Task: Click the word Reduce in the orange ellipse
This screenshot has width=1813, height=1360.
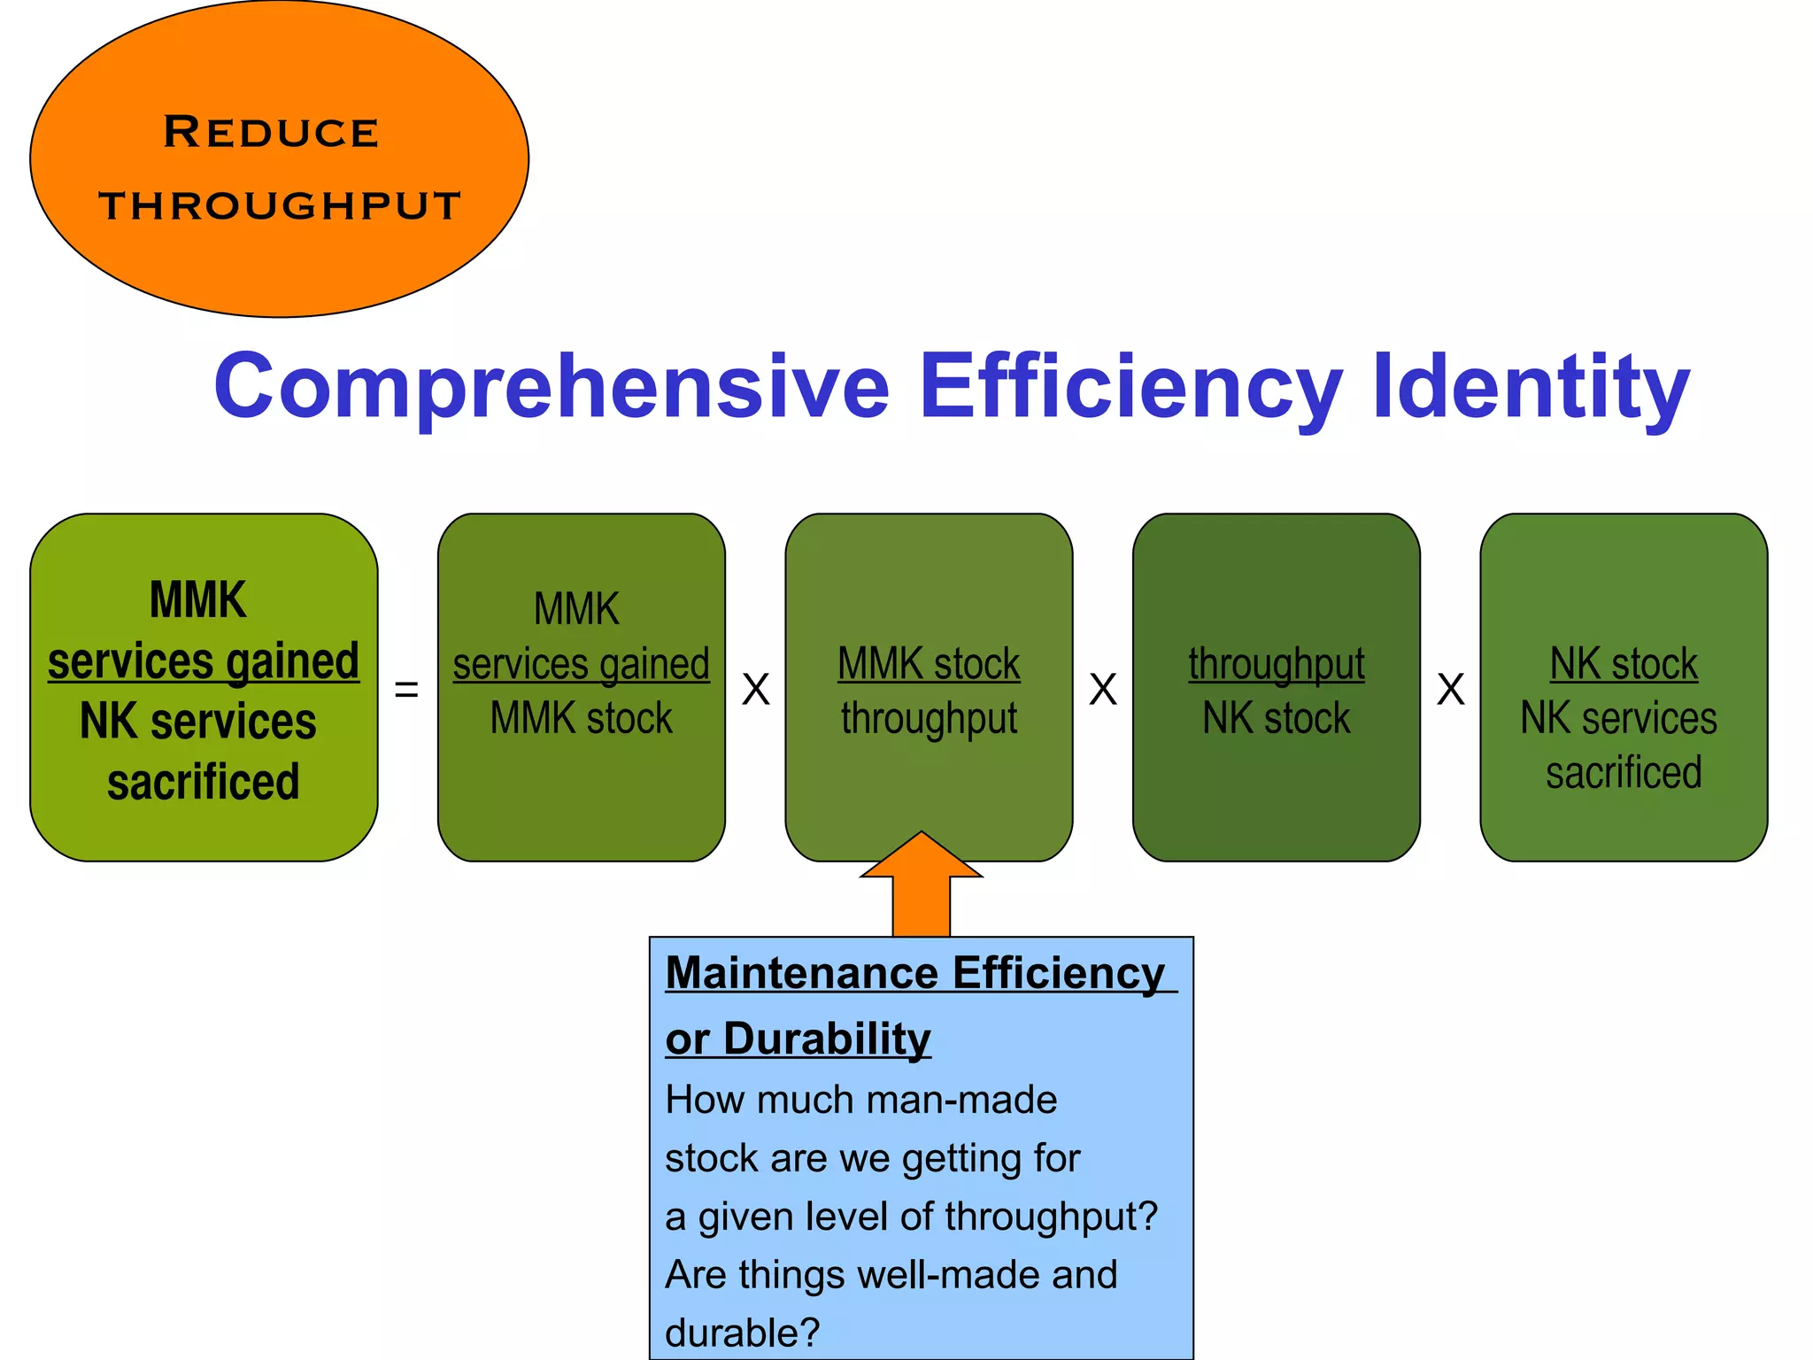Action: pos(271,133)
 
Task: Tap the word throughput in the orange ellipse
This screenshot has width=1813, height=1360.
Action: pos(280,205)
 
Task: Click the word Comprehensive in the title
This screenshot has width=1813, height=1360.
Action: pos(551,386)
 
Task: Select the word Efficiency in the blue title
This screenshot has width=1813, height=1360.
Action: pos(1130,386)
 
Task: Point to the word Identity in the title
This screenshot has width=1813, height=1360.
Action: pos(1531,386)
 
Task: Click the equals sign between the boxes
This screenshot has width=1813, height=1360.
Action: pos(406,689)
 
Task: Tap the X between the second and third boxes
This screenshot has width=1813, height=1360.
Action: pos(755,689)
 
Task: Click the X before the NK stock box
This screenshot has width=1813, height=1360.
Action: pos(1450,689)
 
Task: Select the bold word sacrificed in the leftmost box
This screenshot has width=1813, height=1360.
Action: pos(204,783)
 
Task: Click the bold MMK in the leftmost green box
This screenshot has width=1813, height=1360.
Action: pos(198,600)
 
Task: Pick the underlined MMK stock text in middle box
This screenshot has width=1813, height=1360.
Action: pos(929,664)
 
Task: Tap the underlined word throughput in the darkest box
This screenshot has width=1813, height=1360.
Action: pos(1276,664)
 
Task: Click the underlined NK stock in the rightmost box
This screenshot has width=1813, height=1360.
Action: pos(1624,664)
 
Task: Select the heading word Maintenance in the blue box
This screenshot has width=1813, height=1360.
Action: pos(801,974)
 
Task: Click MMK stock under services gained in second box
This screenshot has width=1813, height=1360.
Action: pos(581,718)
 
